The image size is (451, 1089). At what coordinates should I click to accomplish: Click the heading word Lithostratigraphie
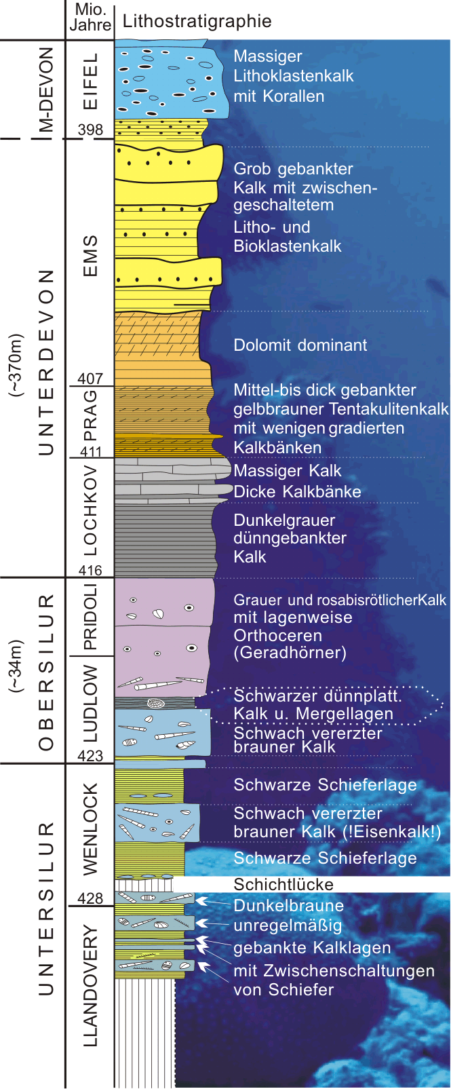tap(197, 21)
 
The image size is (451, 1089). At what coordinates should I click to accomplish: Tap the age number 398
tap(90, 130)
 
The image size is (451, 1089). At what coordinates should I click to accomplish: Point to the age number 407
tap(90, 379)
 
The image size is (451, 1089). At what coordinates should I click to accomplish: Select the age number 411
tap(90, 451)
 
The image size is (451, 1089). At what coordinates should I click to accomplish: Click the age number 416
tap(90, 571)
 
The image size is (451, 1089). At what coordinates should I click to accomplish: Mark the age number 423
tap(90, 756)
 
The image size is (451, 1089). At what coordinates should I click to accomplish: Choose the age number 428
tap(90, 898)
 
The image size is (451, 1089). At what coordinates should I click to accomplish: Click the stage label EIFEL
tap(90, 81)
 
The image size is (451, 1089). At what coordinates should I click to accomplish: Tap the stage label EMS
tap(90, 256)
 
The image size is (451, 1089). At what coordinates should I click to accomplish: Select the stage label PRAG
tap(90, 416)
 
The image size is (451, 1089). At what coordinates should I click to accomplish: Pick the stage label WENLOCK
tap(90, 828)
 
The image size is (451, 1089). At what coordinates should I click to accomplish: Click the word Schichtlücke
tap(283, 884)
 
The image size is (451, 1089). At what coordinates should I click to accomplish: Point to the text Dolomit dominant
tap(300, 345)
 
